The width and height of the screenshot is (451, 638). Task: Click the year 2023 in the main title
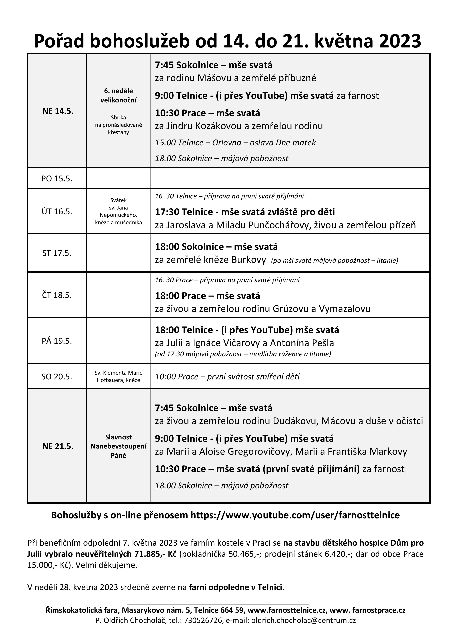(400, 41)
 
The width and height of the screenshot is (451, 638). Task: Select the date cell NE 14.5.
(58, 111)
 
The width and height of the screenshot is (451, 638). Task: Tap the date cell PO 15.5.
(57, 178)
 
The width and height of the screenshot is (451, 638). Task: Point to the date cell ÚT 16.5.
(57, 212)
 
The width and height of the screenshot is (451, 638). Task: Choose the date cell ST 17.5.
(57, 253)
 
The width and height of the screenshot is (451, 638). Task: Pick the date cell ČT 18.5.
(57, 295)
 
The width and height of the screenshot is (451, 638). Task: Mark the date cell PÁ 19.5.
(57, 341)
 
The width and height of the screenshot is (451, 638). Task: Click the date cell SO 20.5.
(57, 376)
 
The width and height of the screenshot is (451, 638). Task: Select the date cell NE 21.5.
(58, 446)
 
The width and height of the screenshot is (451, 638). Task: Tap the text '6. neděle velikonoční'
(118, 95)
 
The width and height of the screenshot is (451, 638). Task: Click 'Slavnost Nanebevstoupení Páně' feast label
(118, 446)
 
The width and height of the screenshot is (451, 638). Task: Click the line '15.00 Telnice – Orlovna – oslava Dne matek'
(235, 143)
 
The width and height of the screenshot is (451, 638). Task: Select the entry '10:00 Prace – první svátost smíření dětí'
(227, 376)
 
